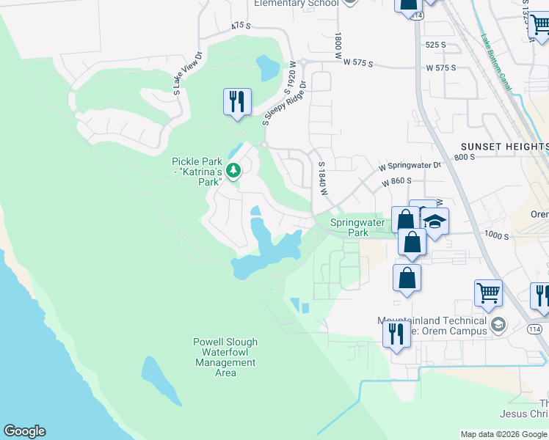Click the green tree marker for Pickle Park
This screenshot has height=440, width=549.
point(233,171)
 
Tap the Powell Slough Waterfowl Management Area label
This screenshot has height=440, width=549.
point(225,357)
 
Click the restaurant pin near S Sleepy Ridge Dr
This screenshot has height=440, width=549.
point(237,102)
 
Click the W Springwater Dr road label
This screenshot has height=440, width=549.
point(410,166)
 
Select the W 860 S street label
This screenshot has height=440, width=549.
point(395,180)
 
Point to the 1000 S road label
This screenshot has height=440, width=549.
point(496,235)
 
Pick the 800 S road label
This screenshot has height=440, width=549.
point(465,157)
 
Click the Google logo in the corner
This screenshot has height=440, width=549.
point(24,431)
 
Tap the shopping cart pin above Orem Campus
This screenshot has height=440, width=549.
point(488,293)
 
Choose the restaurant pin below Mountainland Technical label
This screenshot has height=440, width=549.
point(396,334)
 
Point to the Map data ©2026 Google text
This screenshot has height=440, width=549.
point(503,434)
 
